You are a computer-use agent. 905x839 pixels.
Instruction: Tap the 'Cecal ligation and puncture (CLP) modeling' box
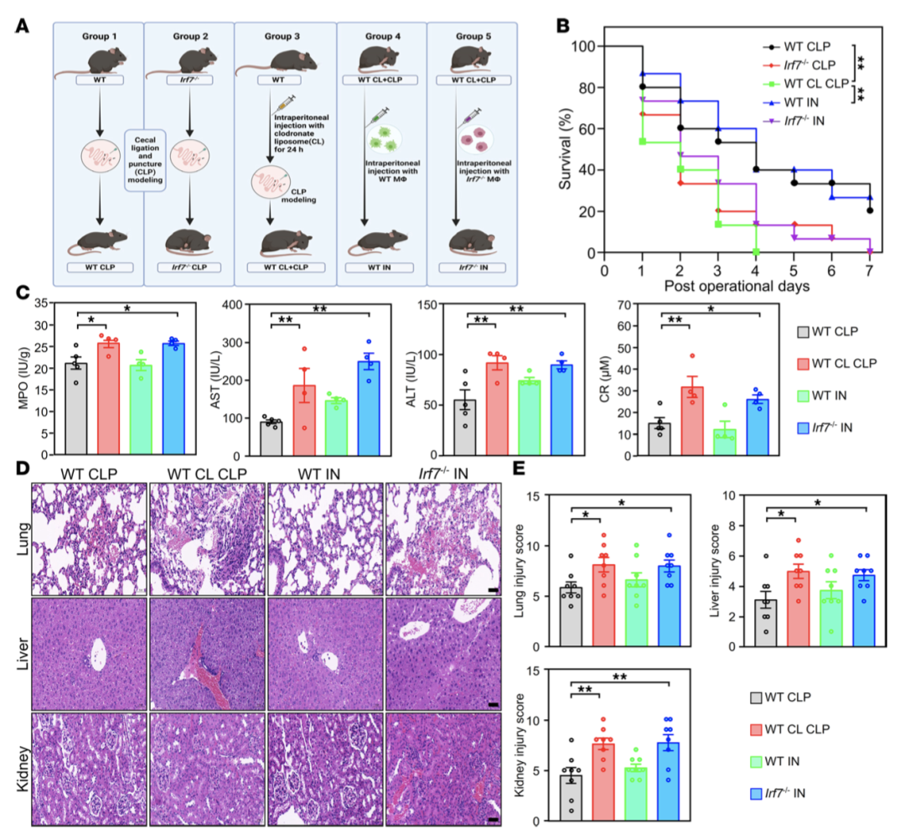tap(143, 160)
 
